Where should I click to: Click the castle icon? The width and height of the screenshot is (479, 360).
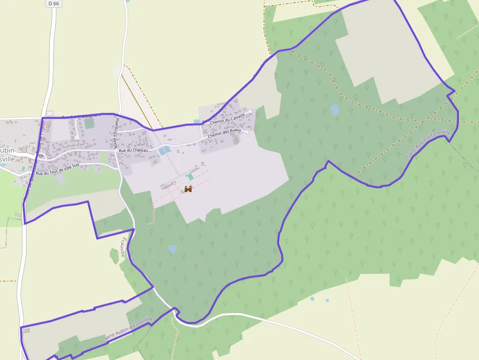(x=188, y=189)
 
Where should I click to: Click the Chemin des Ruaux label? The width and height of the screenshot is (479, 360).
(x=224, y=133)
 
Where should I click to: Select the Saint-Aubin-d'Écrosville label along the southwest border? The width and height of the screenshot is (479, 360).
(x=128, y=329)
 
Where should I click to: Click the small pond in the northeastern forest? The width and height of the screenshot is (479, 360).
(x=335, y=109)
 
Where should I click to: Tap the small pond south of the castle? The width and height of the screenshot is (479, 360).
(x=172, y=249)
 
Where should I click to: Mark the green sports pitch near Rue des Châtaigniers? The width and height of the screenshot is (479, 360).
(x=89, y=123)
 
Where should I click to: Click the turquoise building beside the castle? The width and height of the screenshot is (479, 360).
(x=190, y=177)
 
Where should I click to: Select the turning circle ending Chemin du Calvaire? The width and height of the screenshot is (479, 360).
(x=250, y=112)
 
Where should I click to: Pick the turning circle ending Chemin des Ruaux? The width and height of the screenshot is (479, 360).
(x=247, y=131)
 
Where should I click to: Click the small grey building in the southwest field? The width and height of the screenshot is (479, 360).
(x=26, y=331)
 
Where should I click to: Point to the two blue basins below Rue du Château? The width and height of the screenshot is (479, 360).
(x=164, y=150)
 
